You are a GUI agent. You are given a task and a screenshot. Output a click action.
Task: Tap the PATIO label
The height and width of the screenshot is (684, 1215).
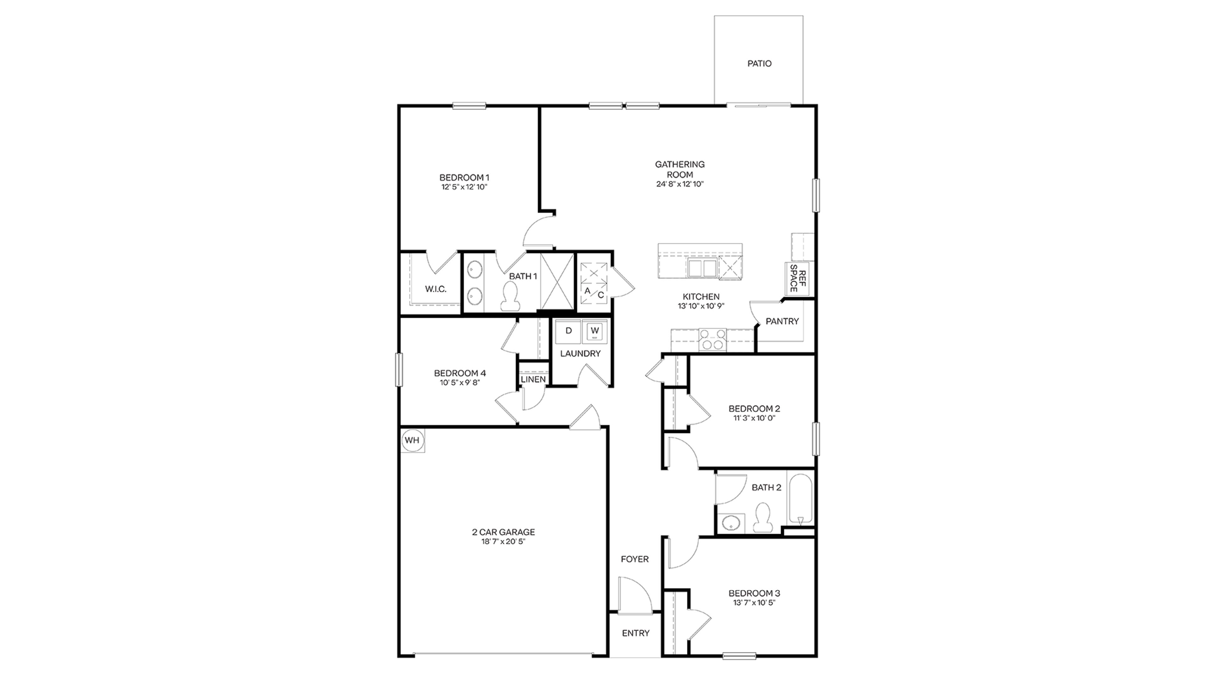[759, 63]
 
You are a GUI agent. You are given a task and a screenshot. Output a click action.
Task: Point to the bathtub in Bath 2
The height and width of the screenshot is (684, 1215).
[800, 499]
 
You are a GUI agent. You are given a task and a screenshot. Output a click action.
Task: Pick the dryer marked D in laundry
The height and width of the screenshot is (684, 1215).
[568, 331]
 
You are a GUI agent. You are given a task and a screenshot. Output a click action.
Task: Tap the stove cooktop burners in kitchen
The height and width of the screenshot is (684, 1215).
[712, 339]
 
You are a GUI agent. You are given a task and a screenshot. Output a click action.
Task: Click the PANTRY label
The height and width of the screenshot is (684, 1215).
[782, 321]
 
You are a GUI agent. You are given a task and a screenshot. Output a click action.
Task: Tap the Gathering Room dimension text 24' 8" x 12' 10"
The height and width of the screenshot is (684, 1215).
[680, 184]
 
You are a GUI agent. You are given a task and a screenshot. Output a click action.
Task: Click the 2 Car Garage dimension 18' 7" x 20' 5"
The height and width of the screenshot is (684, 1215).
[503, 541]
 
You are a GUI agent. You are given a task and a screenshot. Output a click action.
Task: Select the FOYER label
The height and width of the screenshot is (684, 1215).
[634, 559]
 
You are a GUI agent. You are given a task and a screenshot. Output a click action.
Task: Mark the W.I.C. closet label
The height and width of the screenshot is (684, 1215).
[435, 289]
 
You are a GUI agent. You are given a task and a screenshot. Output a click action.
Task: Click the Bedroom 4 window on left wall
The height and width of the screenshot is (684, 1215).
[399, 370]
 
